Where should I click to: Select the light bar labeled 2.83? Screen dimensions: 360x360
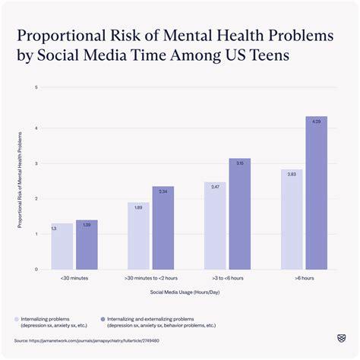pyautogui.click(x=292, y=219)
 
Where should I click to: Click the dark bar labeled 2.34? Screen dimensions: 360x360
pyautogui.click(x=163, y=228)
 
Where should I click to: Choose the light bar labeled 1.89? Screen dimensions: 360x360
pyautogui.click(x=139, y=236)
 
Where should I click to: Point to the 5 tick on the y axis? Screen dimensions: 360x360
pyautogui.click(x=36, y=88)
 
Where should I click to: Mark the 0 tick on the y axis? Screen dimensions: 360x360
pyautogui.click(x=36, y=269)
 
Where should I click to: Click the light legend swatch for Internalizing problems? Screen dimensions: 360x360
pyautogui.click(x=17, y=319)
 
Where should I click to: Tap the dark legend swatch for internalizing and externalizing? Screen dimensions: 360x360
pyautogui.click(x=103, y=319)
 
